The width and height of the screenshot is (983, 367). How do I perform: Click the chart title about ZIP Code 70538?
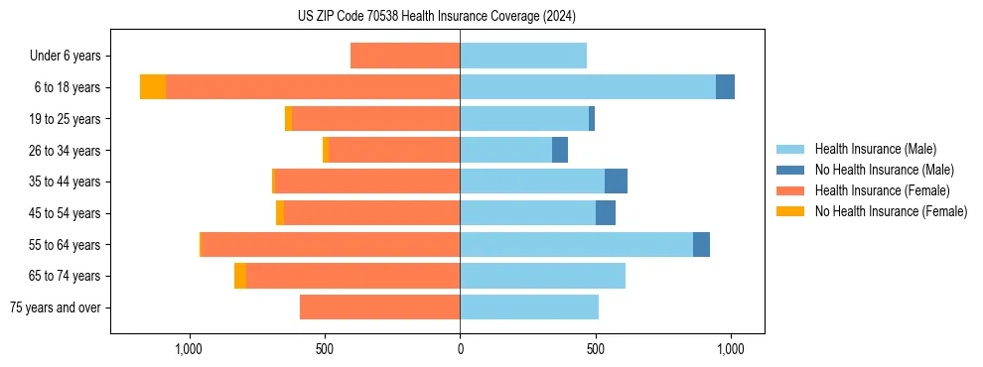(436, 17)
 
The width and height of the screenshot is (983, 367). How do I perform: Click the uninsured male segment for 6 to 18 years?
(725, 87)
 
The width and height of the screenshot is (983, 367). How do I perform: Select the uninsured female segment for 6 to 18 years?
(153, 87)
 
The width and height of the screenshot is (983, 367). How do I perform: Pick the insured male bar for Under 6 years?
(523, 56)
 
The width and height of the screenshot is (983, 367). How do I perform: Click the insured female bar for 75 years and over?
(379, 307)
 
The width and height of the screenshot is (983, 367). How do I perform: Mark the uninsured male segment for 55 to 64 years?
(701, 244)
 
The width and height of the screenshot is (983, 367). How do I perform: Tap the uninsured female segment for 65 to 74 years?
(240, 276)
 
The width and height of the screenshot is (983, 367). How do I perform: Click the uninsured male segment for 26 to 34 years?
(560, 150)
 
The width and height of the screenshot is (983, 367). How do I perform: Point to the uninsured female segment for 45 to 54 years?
(280, 213)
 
